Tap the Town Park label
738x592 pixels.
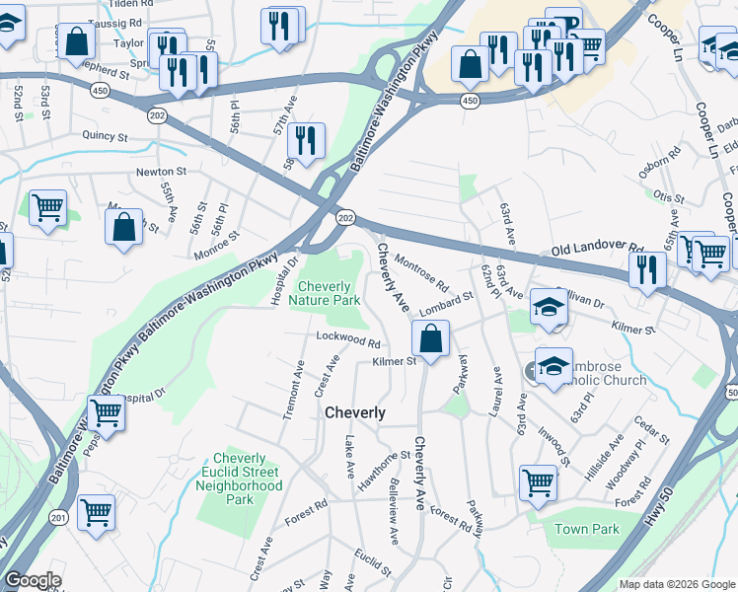(586, 529)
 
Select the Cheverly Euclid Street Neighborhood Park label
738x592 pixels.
(239, 479)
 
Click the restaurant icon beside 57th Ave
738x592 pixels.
(309, 139)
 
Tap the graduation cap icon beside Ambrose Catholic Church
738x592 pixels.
(553, 364)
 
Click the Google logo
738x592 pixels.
(32, 581)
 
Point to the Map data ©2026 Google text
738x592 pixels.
(677, 584)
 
